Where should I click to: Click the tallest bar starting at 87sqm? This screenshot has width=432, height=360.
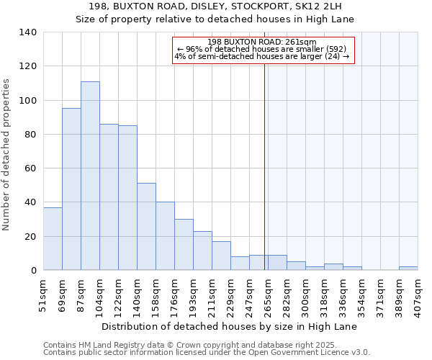point(90,176)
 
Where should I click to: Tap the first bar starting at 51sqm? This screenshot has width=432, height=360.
point(53,238)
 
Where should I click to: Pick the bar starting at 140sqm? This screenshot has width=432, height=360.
point(146,226)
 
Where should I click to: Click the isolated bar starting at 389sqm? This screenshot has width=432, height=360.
point(408,268)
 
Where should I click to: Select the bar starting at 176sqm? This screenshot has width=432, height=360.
point(184,244)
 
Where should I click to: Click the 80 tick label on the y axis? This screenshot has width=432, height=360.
point(31,135)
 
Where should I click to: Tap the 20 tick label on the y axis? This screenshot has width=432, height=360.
point(31,236)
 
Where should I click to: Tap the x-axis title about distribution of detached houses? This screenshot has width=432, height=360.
point(229,326)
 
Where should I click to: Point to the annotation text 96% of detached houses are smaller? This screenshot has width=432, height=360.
point(264,49)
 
